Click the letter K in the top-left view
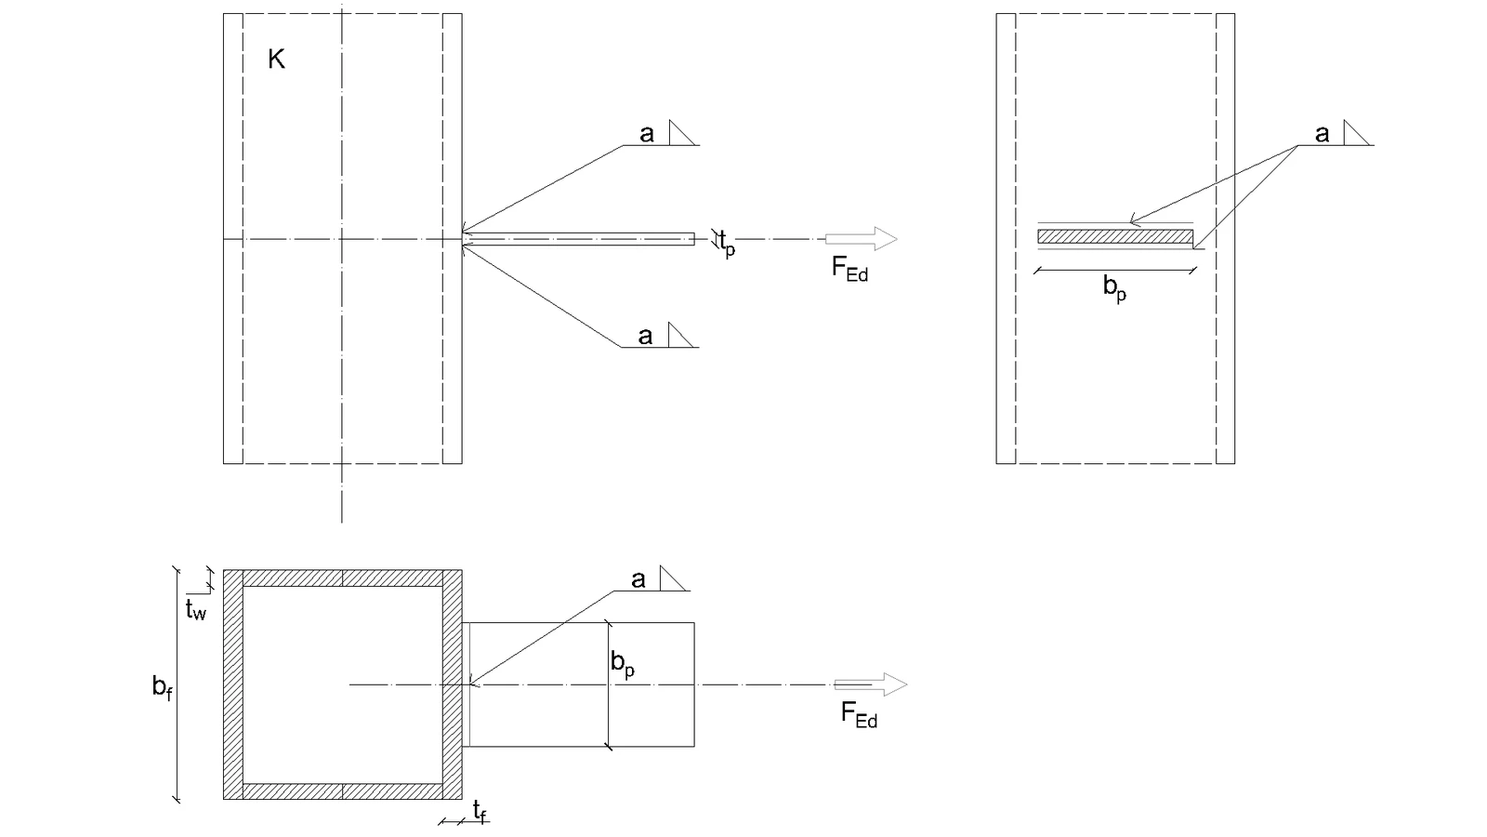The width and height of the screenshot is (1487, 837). pyautogui.click(x=276, y=60)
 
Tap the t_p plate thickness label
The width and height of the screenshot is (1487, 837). pyautogui.click(x=728, y=244)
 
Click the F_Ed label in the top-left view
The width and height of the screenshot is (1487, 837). pyautogui.click(x=849, y=269)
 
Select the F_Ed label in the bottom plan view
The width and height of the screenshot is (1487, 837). pyautogui.click(x=859, y=715)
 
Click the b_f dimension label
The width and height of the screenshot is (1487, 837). pyautogui.click(x=162, y=687)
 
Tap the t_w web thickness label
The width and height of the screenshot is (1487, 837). pyautogui.click(x=196, y=609)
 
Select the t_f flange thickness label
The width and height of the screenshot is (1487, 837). pyautogui.click(x=480, y=812)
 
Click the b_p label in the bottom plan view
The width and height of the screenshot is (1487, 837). pyautogui.click(x=623, y=664)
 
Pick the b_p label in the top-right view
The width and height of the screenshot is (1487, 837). pyautogui.click(x=1114, y=288)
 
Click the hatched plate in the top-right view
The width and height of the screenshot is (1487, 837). pyautogui.click(x=1115, y=236)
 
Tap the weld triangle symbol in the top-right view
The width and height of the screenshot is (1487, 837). pyautogui.click(x=1355, y=133)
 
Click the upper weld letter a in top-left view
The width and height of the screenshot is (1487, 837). pyautogui.click(x=647, y=134)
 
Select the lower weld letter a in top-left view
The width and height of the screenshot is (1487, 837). pyautogui.click(x=645, y=336)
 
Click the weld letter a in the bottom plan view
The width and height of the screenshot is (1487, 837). pyautogui.click(x=638, y=580)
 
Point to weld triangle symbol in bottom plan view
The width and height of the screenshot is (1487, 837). pyautogui.click(x=672, y=578)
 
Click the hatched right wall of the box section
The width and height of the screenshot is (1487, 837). pyautogui.click(x=453, y=684)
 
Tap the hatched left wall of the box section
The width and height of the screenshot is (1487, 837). pyautogui.click(x=233, y=684)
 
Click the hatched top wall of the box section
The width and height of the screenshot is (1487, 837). pyautogui.click(x=343, y=578)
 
